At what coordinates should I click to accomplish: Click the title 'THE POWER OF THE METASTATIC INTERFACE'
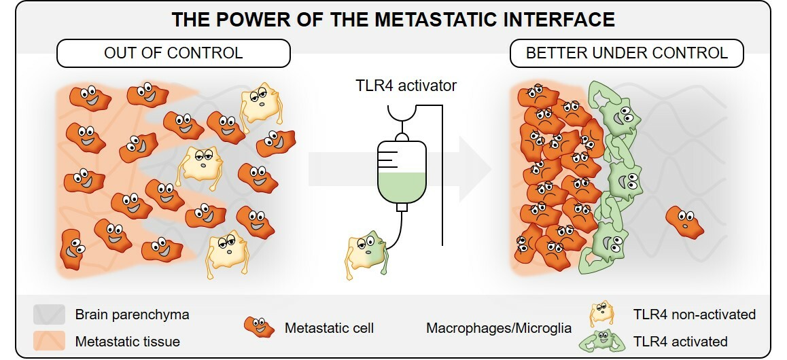click(393, 19)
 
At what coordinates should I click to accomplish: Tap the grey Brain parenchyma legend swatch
click(48, 315)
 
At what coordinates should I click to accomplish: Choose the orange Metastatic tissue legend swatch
click(48, 341)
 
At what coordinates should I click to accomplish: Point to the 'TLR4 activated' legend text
click(680, 341)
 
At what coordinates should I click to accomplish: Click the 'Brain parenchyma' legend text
click(132, 315)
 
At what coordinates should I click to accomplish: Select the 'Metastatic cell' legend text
click(330, 328)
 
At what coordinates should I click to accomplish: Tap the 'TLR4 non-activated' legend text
click(693, 314)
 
